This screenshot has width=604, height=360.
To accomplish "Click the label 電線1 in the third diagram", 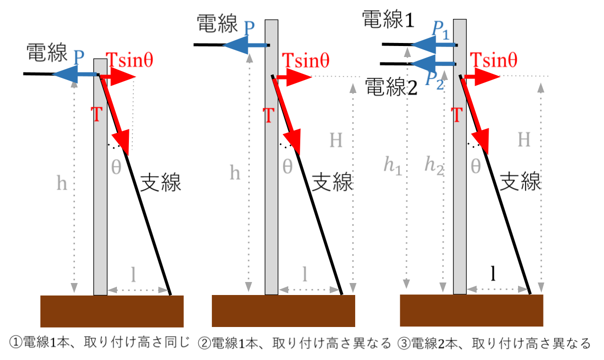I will point(389,21).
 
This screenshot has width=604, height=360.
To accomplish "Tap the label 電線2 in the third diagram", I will point(391,88).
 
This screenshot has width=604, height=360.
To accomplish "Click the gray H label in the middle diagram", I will point(336,141).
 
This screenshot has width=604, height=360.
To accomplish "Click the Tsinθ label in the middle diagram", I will point(306,60).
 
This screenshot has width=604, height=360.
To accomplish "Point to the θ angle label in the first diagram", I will point(115,167).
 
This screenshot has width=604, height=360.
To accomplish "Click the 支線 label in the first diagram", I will point(160,183).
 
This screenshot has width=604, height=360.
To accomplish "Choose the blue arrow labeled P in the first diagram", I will point(75,75).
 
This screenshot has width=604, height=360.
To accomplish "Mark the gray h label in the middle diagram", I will point(235,173).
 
